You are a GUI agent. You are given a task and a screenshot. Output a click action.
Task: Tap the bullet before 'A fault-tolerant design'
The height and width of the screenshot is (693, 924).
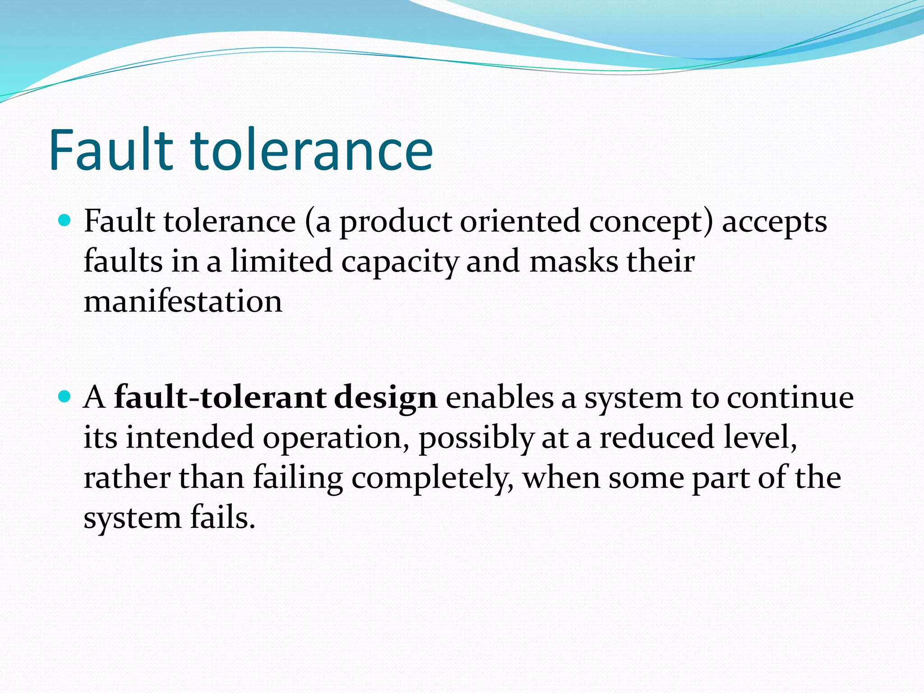(x=65, y=397)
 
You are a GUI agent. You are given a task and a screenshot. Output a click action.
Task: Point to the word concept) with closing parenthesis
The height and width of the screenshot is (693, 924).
(x=651, y=222)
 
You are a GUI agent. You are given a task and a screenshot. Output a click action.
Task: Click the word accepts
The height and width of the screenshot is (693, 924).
(x=774, y=222)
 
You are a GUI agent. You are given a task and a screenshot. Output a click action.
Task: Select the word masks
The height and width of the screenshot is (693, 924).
(x=573, y=262)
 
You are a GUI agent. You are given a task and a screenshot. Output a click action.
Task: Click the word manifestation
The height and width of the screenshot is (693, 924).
(x=183, y=301)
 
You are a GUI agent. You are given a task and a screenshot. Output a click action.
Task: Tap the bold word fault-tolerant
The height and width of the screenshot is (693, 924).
(x=220, y=398)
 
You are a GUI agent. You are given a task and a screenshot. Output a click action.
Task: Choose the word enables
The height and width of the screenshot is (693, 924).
(x=499, y=398)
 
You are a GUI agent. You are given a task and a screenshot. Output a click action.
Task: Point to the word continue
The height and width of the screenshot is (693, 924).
(x=790, y=398)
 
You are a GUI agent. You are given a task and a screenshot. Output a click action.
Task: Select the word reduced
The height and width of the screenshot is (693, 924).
(x=657, y=438)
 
